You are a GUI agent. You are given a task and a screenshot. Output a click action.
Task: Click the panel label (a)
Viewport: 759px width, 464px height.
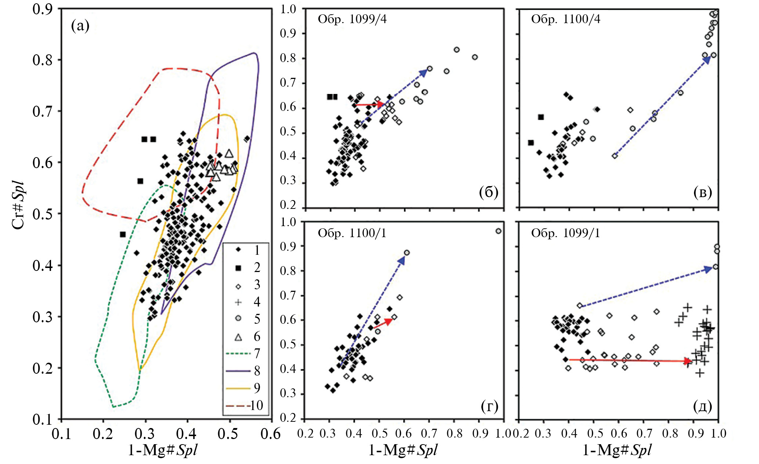click(x=80, y=26)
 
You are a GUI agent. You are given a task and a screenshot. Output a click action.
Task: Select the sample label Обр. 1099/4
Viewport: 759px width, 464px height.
click(x=352, y=19)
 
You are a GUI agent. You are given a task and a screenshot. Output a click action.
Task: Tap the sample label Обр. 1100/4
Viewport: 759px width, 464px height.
click(x=565, y=19)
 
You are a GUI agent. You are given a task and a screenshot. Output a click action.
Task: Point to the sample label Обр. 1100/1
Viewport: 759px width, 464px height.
click(x=352, y=233)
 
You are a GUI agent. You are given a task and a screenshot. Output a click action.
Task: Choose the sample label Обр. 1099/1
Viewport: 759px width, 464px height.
click(x=565, y=233)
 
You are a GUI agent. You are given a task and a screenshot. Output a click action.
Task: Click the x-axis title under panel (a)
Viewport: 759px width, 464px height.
click(x=162, y=450)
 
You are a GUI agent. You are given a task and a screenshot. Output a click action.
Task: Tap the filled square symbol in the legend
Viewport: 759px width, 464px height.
click(x=238, y=268)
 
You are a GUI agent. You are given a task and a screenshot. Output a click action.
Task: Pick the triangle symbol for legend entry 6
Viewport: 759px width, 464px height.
click(x=238, y=337)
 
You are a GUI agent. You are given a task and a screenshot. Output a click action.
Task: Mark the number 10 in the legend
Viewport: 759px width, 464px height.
click(x=257, y=405)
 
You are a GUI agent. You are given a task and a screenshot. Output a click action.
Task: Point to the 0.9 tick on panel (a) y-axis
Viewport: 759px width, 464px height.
click(x=43, y=10)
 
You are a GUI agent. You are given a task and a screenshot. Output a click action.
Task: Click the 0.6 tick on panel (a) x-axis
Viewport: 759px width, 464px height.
click(x=271, y=434)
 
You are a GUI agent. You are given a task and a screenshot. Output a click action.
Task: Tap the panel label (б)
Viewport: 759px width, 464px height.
click(x=488, y=192)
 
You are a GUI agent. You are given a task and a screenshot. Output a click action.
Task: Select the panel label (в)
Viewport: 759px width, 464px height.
click(x=702, y=192)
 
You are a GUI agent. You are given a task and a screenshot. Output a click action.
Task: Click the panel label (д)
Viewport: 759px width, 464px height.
click(x=702, y=406)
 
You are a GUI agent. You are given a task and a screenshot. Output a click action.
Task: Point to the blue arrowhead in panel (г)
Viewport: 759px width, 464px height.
click(x=402, y=261)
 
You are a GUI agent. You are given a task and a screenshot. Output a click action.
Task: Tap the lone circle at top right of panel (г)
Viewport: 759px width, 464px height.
click(x=498, y=231)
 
